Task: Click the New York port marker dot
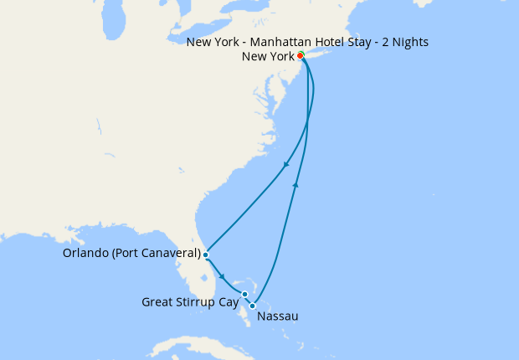point(301,56)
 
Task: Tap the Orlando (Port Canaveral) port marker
point(205,254)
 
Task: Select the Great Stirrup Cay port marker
point(244,294)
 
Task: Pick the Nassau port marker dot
point(253,306)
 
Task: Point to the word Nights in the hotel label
point(410,41)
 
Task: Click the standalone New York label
point(267,57)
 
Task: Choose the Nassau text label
point(278,316)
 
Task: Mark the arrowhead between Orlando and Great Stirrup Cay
point(221,276)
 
